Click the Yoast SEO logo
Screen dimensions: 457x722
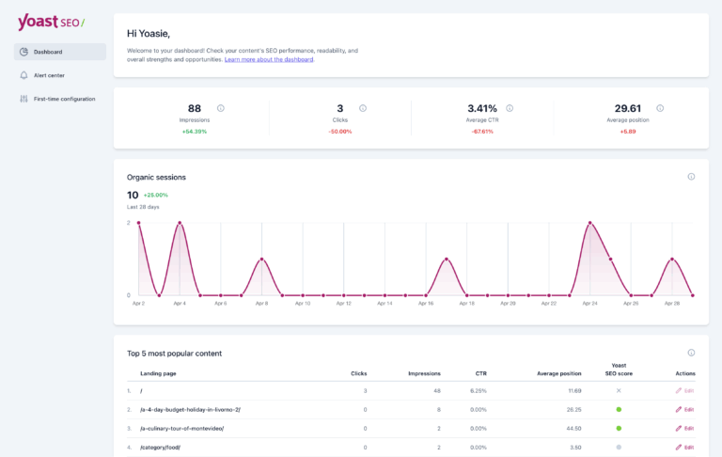(50, 23)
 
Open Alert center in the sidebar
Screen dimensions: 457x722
(49, 75)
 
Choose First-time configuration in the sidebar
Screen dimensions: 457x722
(63, 99)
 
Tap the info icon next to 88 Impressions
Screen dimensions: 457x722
(221, 108)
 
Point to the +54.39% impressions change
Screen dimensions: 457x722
(195, 132)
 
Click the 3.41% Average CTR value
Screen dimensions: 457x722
(481, 108)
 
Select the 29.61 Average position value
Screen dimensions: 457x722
(628, 108)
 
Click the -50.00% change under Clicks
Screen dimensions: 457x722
(340, 132)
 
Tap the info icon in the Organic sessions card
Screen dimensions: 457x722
(691, 176)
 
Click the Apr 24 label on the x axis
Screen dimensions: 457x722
(589, 304)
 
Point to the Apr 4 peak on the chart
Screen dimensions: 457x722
(180, 224)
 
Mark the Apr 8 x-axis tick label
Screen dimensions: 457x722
(261, 304)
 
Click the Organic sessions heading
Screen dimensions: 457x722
(156, 177)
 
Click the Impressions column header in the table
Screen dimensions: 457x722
(424, 373)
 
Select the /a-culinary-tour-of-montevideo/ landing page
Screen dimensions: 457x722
(181, 428)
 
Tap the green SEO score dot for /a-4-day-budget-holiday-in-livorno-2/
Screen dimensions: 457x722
(619, 409)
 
